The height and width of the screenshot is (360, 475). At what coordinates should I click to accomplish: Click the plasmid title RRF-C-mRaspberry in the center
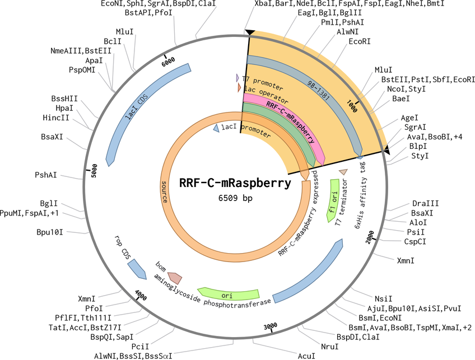click(235, 183)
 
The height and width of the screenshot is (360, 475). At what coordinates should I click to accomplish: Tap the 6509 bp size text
click(235, 198)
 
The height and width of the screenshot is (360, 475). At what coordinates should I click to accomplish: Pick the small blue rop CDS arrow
click(137, 269)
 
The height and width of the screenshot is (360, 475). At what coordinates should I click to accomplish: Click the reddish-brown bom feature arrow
click(175, 277)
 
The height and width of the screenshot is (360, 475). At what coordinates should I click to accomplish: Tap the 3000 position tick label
click(270, 326)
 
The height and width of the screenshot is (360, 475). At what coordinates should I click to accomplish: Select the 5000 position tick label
click(94, 170)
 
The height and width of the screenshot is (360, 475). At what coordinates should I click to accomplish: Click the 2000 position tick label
click(370, 236)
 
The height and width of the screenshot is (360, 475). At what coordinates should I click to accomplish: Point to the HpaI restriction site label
click(64, 108)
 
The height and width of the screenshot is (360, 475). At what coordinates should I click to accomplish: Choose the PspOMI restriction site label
click(82, 70)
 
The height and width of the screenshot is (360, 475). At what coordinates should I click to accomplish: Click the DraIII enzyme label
click(426, 203)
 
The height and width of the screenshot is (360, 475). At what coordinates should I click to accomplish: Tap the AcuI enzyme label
click(306, 356)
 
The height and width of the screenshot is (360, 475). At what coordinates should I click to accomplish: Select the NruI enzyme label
click(329, 347)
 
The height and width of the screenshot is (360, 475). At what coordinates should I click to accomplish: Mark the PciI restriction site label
click(140, 347)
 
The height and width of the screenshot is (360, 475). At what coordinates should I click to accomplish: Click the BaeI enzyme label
click(401, 99)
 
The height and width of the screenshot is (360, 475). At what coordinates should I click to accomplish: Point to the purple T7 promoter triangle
click(237, 78)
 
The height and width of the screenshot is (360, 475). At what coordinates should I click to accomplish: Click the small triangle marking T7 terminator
click(343, 172)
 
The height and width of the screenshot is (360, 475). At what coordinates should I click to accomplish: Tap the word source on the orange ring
click(164, 192)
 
